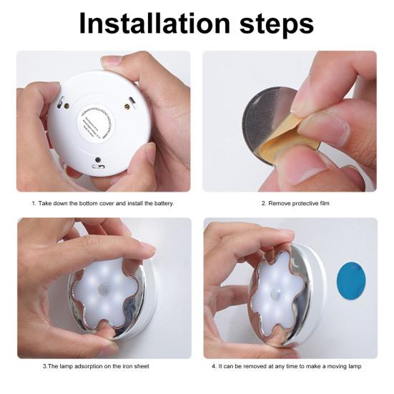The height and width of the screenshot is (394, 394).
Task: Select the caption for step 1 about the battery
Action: pyautogui.click(x=103, y=204)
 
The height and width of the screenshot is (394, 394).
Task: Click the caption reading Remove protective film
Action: pyautogui.click(x=290, y=204)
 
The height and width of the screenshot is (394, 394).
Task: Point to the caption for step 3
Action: pyautogui.click(x=103, y=366)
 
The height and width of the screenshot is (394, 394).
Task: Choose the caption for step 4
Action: pyautogui.click(x=290, y=366)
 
